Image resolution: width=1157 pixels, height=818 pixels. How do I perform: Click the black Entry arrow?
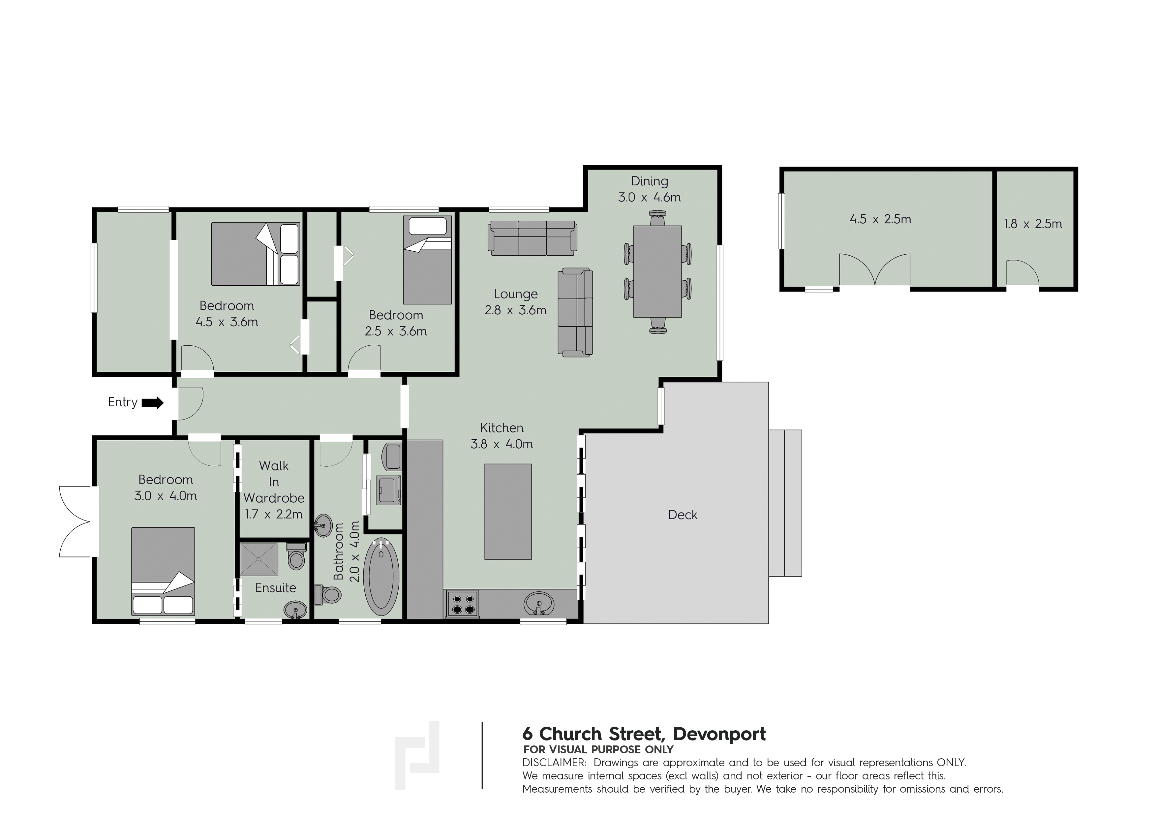pyautogui.click(x=152, y=403)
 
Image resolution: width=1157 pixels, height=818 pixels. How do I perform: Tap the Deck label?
pyautogui.click(x=682, y=515)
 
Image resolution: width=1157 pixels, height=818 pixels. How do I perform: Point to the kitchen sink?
pyautogui.click(x=539, y=603)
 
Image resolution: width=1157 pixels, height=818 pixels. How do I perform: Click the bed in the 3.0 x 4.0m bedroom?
pyautogui.click(x=163, y=571)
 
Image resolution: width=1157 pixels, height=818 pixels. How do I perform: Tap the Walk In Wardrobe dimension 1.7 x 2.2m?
pyautogui.click(x=274, y=514)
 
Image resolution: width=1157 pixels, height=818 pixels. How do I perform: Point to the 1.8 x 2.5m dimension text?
pyautogui.click(x=1033, y=224)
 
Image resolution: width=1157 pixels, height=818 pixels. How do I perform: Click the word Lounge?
pyautogui.click(x=515, y=294)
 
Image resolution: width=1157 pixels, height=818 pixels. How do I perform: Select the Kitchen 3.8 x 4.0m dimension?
pyautogui.click(x=502, y=444)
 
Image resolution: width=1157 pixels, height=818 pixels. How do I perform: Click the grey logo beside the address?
pyautogui.click(x=417, y=755)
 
